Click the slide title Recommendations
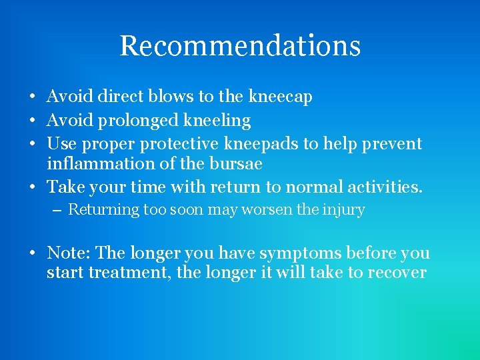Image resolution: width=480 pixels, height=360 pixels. pyautogui.click(x=240, y=46)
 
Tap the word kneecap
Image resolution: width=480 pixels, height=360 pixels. pyautogui.click(x=280, y=97)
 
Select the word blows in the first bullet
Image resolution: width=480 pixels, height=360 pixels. pyautogui.click(x=175, y=97)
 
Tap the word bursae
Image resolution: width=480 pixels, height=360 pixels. pyautogui.click(x=234, y=164)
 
